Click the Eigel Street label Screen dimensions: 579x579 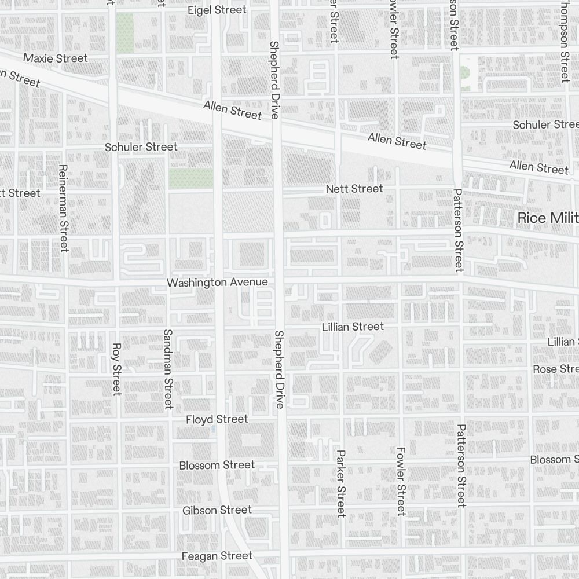(217, 10)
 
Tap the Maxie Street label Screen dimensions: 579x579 (56, 58)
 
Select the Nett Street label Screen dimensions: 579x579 (354, 189)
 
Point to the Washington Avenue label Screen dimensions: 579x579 (217, 283)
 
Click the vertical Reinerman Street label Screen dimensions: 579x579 (63, 208)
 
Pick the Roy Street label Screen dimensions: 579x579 (116, 369)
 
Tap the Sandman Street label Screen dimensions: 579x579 (168, 369)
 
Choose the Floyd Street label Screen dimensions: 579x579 (217, 419)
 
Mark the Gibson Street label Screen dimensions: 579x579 (217, 510)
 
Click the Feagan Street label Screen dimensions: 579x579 (217, 556)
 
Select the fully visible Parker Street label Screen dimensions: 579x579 (340, 483)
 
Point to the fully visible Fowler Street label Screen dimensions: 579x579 (401, 481)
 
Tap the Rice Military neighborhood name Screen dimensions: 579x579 (548, 218)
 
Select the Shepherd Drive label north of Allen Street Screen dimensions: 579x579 (274, 79)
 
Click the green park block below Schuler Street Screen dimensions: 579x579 (190, 178)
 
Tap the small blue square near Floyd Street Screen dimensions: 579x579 (214, 429)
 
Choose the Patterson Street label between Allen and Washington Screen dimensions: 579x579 (459, 230)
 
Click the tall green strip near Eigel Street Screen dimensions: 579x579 (125, 33)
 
